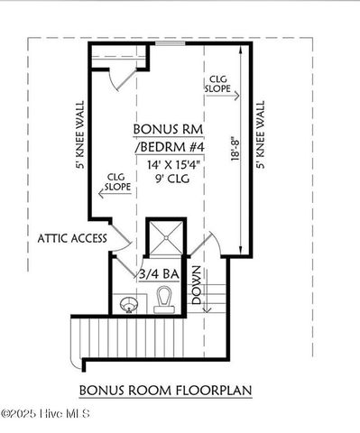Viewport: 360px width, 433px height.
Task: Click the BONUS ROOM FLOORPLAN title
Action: point(165,391)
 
